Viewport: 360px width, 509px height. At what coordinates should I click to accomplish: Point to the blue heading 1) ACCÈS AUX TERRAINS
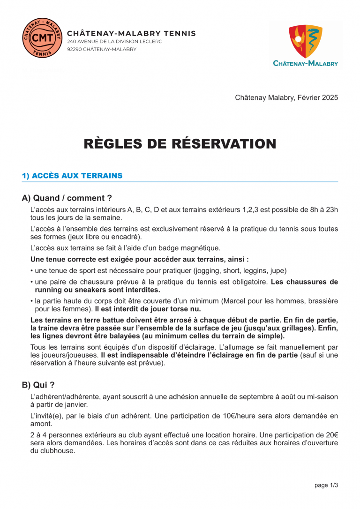(72, 176)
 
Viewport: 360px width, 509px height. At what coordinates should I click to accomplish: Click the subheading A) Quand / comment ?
(67, 198)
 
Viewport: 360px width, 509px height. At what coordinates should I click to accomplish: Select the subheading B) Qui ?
(38, 385)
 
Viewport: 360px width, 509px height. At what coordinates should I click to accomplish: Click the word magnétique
(201, 248)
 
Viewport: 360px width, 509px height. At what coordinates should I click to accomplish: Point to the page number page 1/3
(326, 485)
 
